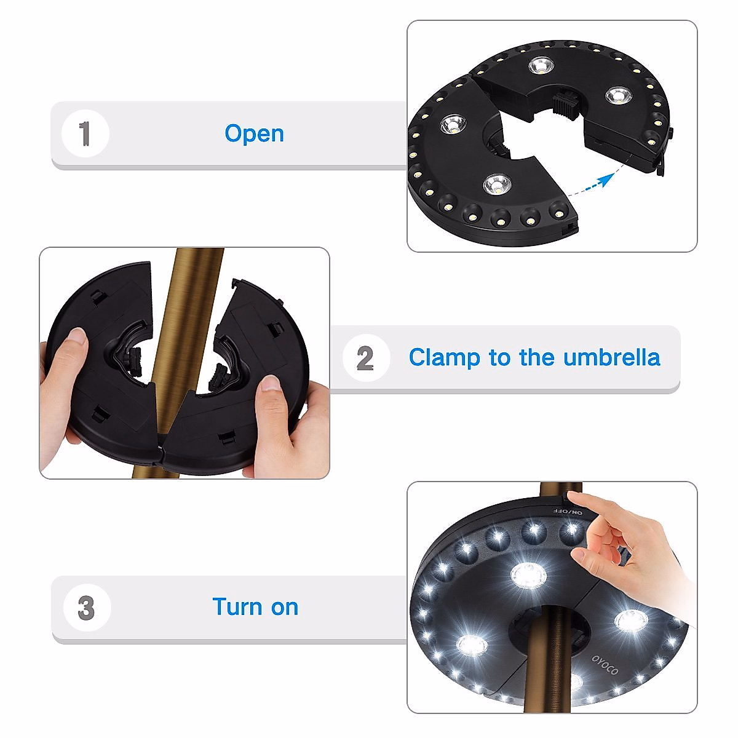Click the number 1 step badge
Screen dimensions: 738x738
(85, 133)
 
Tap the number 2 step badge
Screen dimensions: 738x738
(365, 358)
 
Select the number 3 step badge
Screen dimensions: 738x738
(86, 608)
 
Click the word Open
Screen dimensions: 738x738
(254, 133)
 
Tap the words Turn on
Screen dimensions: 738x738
(255, 607)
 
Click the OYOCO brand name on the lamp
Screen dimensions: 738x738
(606, 665)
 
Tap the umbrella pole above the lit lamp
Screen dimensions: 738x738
(551, 491)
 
